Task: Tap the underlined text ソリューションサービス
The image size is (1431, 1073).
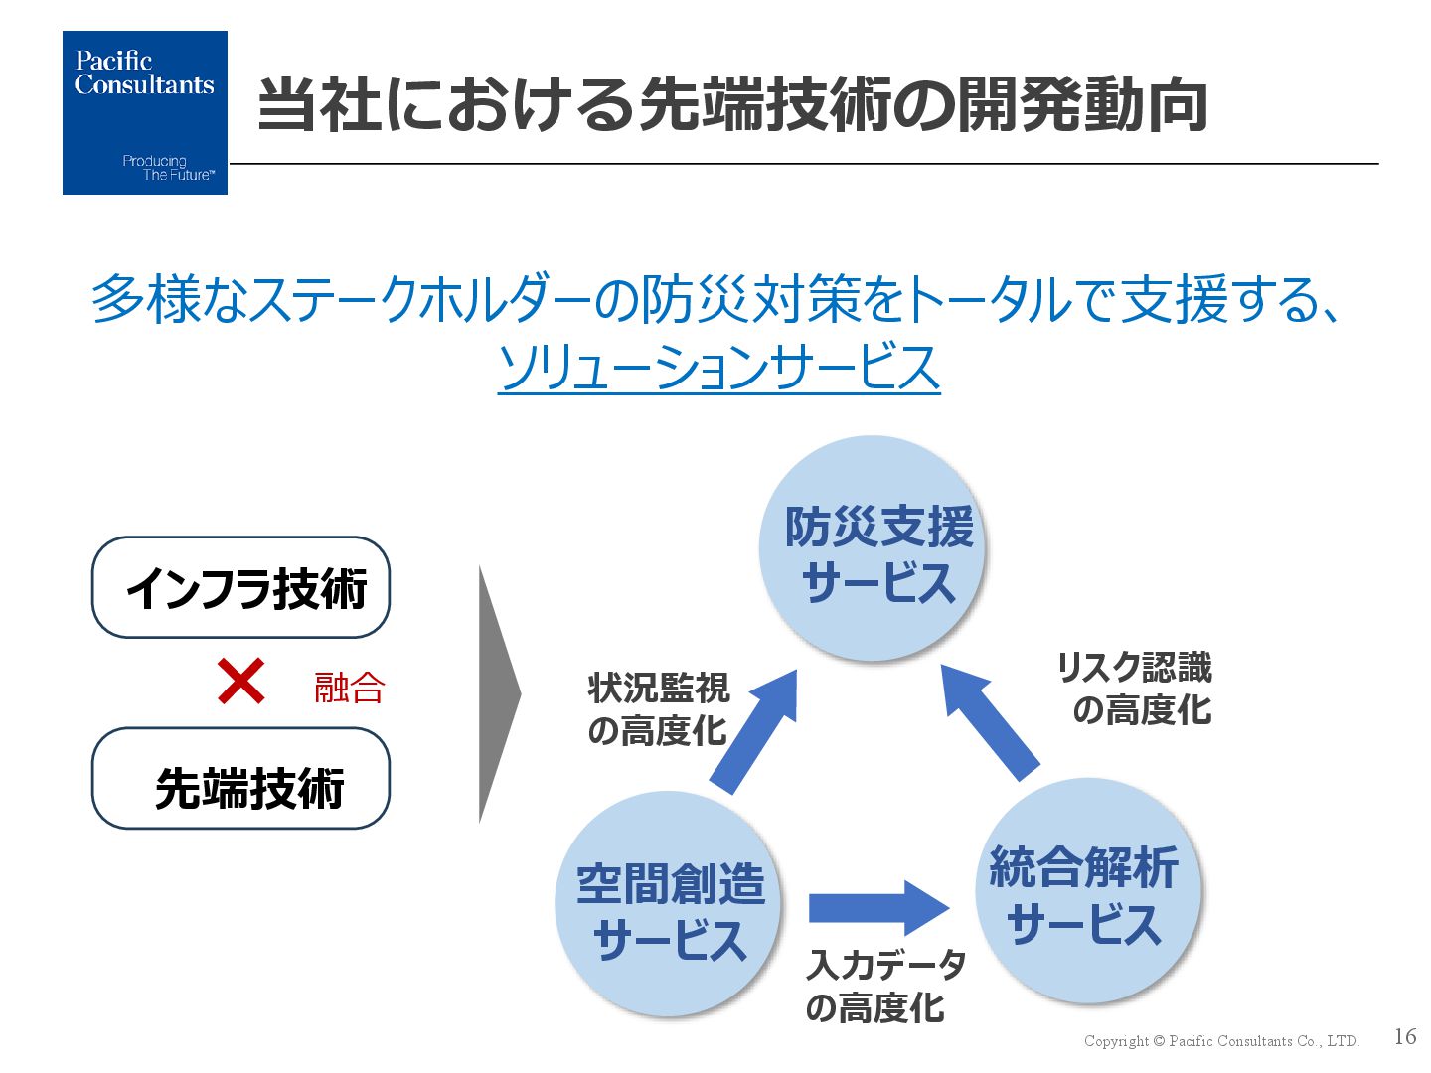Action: [x=718, y=367]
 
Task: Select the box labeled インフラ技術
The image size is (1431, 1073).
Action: [x=240, y=587]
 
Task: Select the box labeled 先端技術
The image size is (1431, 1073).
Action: [x=240, y=779]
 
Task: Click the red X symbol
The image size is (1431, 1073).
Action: [x=240, y=682]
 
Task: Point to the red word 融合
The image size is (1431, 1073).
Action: [x=349, y=688]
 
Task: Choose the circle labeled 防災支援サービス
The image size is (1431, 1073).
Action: [x=873, y=548]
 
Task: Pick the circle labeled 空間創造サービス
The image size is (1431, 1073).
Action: [x=669, y=904]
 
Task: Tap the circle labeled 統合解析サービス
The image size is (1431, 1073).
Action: [x=1088, y=891]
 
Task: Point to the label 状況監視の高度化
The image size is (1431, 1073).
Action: [x=658, y=709]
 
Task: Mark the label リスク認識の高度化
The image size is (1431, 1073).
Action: [x=1136, y=689]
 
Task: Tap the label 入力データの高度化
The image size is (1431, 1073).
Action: [x=884, y=986]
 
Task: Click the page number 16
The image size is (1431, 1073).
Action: [x=1404, y=1036]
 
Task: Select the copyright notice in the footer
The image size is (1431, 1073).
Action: [x=1220, y=1041]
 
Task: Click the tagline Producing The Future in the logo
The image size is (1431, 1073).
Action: [x=167, y=168]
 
